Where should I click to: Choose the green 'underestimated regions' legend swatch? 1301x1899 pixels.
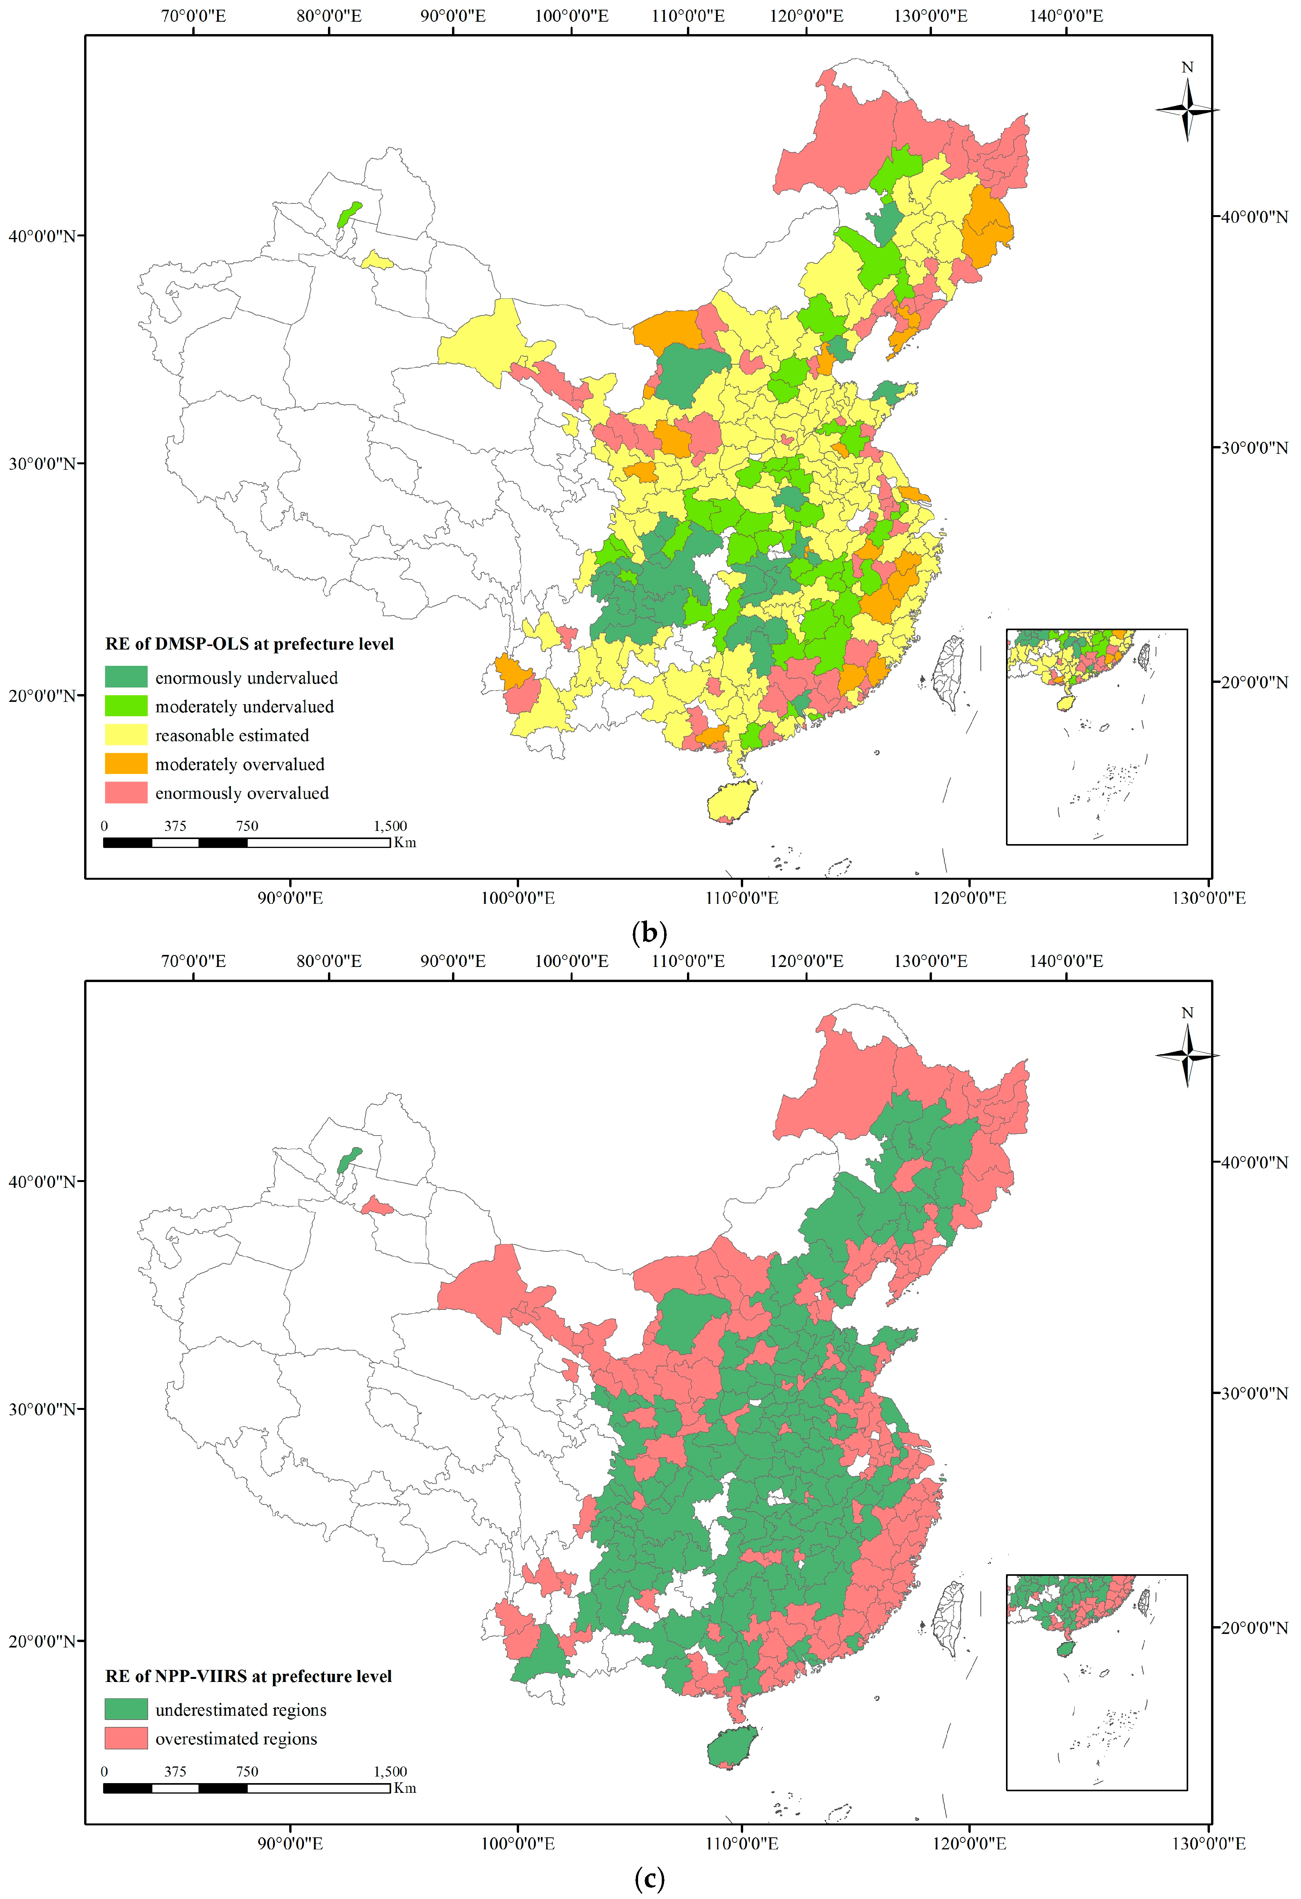tap(126, 1709)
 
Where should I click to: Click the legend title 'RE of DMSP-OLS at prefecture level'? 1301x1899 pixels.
tap(249, 644)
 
